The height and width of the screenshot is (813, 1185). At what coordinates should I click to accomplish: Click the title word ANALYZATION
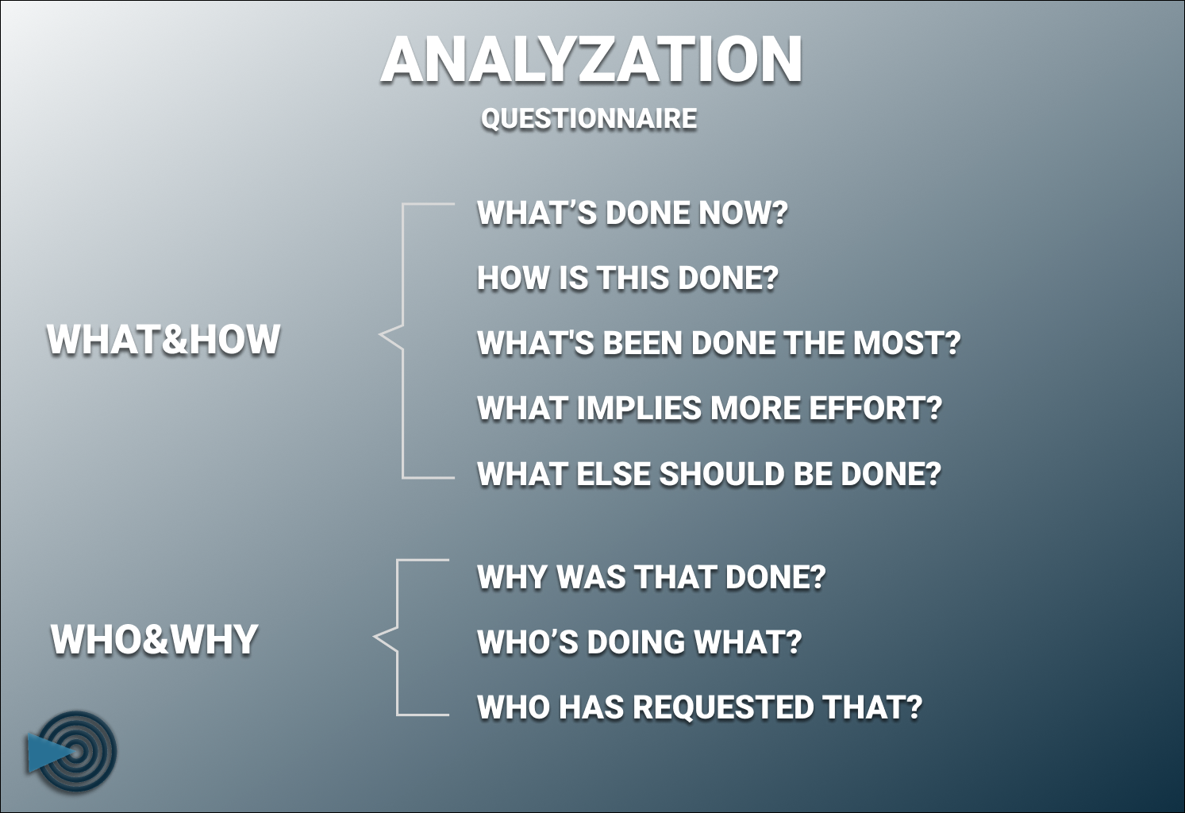(x=591, y=60)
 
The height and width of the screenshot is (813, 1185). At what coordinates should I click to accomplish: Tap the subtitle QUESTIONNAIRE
(x=589, y=119)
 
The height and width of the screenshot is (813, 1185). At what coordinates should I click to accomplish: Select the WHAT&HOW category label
(x=164, y=340)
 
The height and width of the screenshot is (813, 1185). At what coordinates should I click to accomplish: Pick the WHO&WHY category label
(x=155, y=640)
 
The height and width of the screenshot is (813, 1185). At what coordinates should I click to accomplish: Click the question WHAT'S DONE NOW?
(x=632, y=214)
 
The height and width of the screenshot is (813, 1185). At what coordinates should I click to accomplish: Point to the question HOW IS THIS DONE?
(x=627, y=279)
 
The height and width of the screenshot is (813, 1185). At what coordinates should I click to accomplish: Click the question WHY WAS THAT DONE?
(x=651, y=578)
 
